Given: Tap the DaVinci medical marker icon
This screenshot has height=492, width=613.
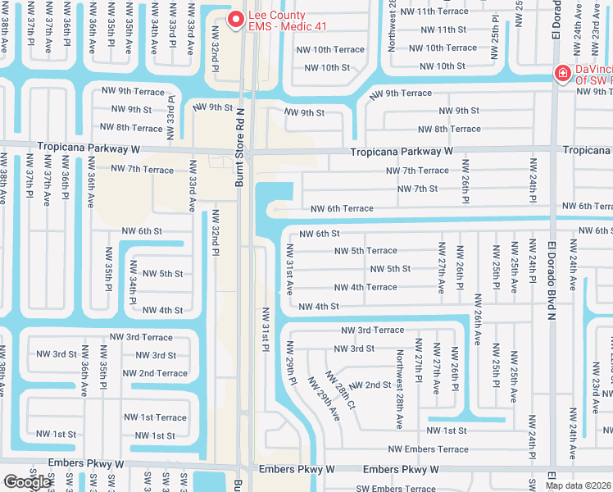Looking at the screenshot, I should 563,74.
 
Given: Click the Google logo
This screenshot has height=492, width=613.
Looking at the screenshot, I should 27,481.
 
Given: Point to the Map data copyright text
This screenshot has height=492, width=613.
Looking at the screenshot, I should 578,485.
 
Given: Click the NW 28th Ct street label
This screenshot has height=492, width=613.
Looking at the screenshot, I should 339,389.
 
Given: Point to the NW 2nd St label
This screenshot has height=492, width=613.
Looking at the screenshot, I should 370,385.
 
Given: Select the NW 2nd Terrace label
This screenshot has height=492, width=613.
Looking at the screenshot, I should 155,373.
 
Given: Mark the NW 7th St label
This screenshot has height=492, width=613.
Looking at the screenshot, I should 417,189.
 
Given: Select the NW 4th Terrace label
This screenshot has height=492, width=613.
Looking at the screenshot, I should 365,288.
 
